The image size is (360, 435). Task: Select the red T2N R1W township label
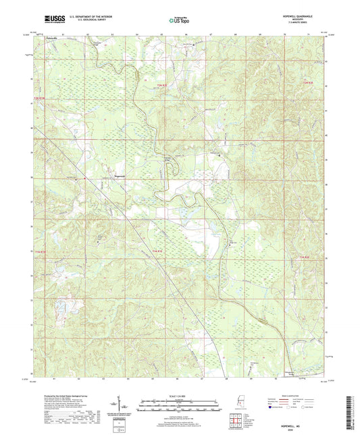point(40,99)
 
